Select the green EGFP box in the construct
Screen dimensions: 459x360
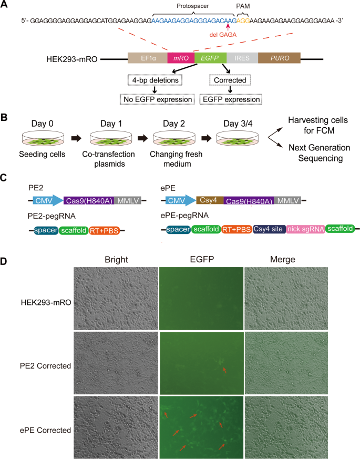(210, 58)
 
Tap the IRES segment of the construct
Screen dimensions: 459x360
(242, 58)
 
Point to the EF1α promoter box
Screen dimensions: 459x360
(147, 58)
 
